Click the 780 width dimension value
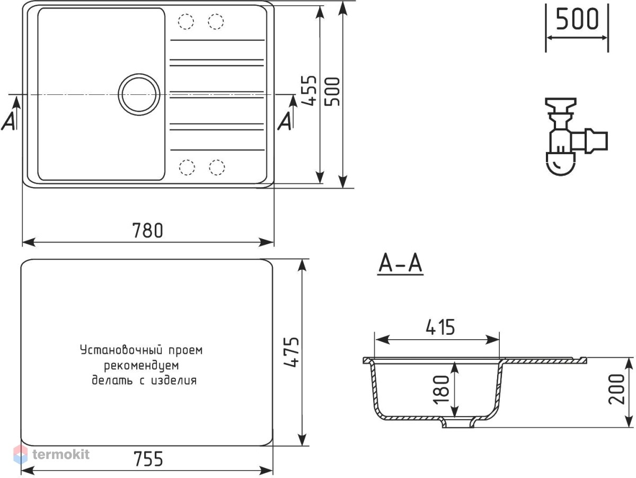pos(147,231)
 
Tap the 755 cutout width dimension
pos(148,459)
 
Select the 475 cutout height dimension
pos(291,352)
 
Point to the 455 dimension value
pos(309,91)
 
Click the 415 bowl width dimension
pos(440,327)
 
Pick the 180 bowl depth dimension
pos(440,389)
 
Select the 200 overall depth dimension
pos(616,389)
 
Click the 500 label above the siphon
pos(577,19)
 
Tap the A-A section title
pos(400,263)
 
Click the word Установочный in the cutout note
pos(121,350)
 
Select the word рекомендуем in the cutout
pos(141,366)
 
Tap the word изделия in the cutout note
pos(174,380)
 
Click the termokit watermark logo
pos(51,454)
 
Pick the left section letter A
pos(8,121)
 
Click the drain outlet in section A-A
pos(457,423)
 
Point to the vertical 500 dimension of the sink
pos(332,92)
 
